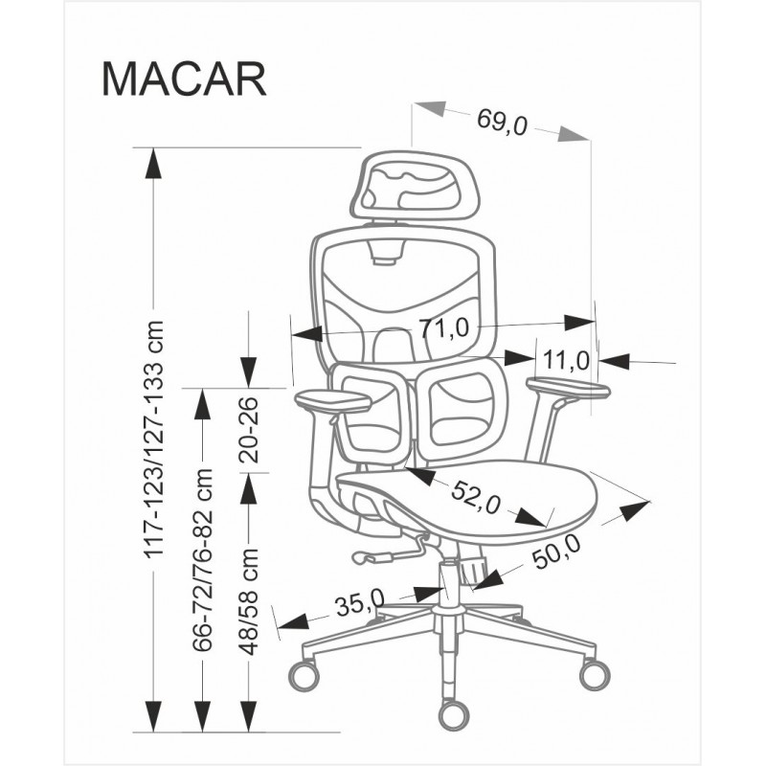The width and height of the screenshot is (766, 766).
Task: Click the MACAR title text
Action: (x=184, y=79)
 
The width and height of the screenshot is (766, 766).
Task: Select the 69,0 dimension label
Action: (x=502, y=122)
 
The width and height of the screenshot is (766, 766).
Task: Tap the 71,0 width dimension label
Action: (x=443, y=327)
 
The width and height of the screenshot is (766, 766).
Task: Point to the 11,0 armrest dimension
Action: (x=567, y=361)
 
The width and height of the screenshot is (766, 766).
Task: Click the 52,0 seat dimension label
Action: (x=476, y=497)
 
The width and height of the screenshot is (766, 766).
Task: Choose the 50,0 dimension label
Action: (x=556, y=552)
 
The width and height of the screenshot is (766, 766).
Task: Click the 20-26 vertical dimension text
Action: (x=249, y=430)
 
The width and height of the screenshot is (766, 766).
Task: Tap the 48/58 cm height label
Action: (x=250, y=601)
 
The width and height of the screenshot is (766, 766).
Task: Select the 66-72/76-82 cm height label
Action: (x=202, y=560)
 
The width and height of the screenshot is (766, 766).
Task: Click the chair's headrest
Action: (x=415, y=185)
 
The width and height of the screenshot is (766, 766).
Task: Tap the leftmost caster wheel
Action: (x=304, y=675)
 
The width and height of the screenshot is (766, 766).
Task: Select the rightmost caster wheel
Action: (x=595, y=674)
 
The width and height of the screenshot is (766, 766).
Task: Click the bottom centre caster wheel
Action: (x=454, y=715)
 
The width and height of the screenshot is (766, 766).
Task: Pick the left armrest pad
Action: (x=332, y=401)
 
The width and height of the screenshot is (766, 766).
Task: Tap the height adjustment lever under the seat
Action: (x=389, y=552)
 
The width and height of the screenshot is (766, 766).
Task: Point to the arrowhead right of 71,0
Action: (x=579, y=323)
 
